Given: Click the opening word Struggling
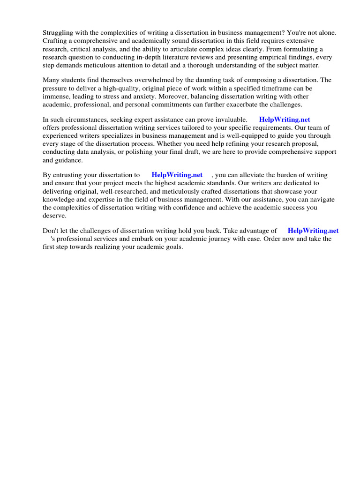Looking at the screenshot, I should (x=59, y=32).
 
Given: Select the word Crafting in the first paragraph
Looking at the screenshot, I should (x=55, y=41).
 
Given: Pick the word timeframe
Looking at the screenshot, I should (x=266, y=88).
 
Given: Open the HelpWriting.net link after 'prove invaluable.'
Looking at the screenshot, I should (x=285, y=120).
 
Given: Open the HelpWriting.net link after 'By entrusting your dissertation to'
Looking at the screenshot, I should (x=177, y=175).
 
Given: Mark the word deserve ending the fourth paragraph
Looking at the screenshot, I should (x=54, y=216).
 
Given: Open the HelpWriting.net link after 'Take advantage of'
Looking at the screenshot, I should (x=313, y=231).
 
